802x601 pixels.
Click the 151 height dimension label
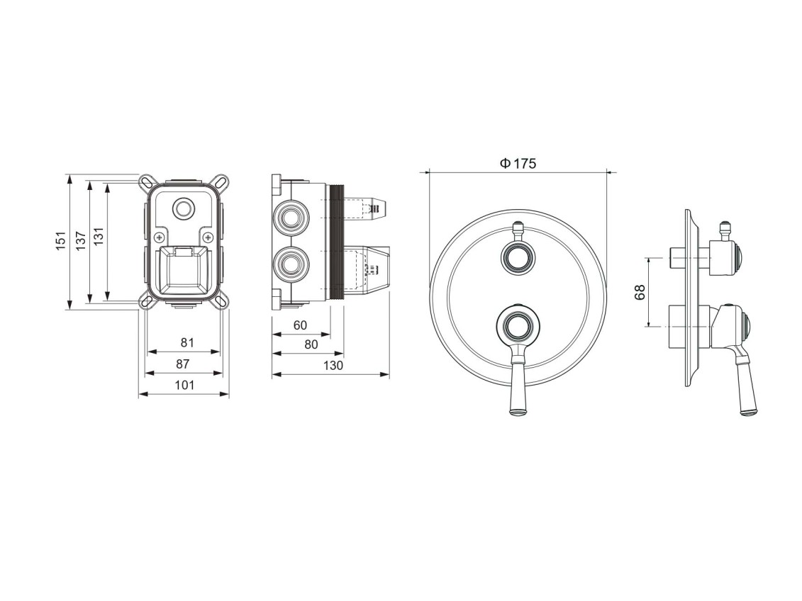62,240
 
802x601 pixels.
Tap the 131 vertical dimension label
98,235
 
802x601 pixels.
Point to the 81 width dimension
186,342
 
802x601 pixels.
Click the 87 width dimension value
183,364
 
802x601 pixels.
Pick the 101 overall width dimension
184,385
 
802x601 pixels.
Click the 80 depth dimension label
311,345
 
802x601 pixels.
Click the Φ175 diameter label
518,164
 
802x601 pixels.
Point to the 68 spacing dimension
640,292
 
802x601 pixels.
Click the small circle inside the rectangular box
184,209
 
